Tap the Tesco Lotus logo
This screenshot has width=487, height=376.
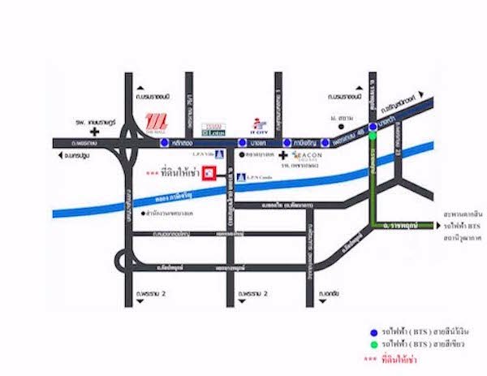(212, 127)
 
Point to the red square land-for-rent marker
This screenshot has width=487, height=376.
(209, 173)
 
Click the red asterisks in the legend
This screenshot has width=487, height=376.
(370, 358)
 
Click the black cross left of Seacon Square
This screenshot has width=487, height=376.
(282, 154)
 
